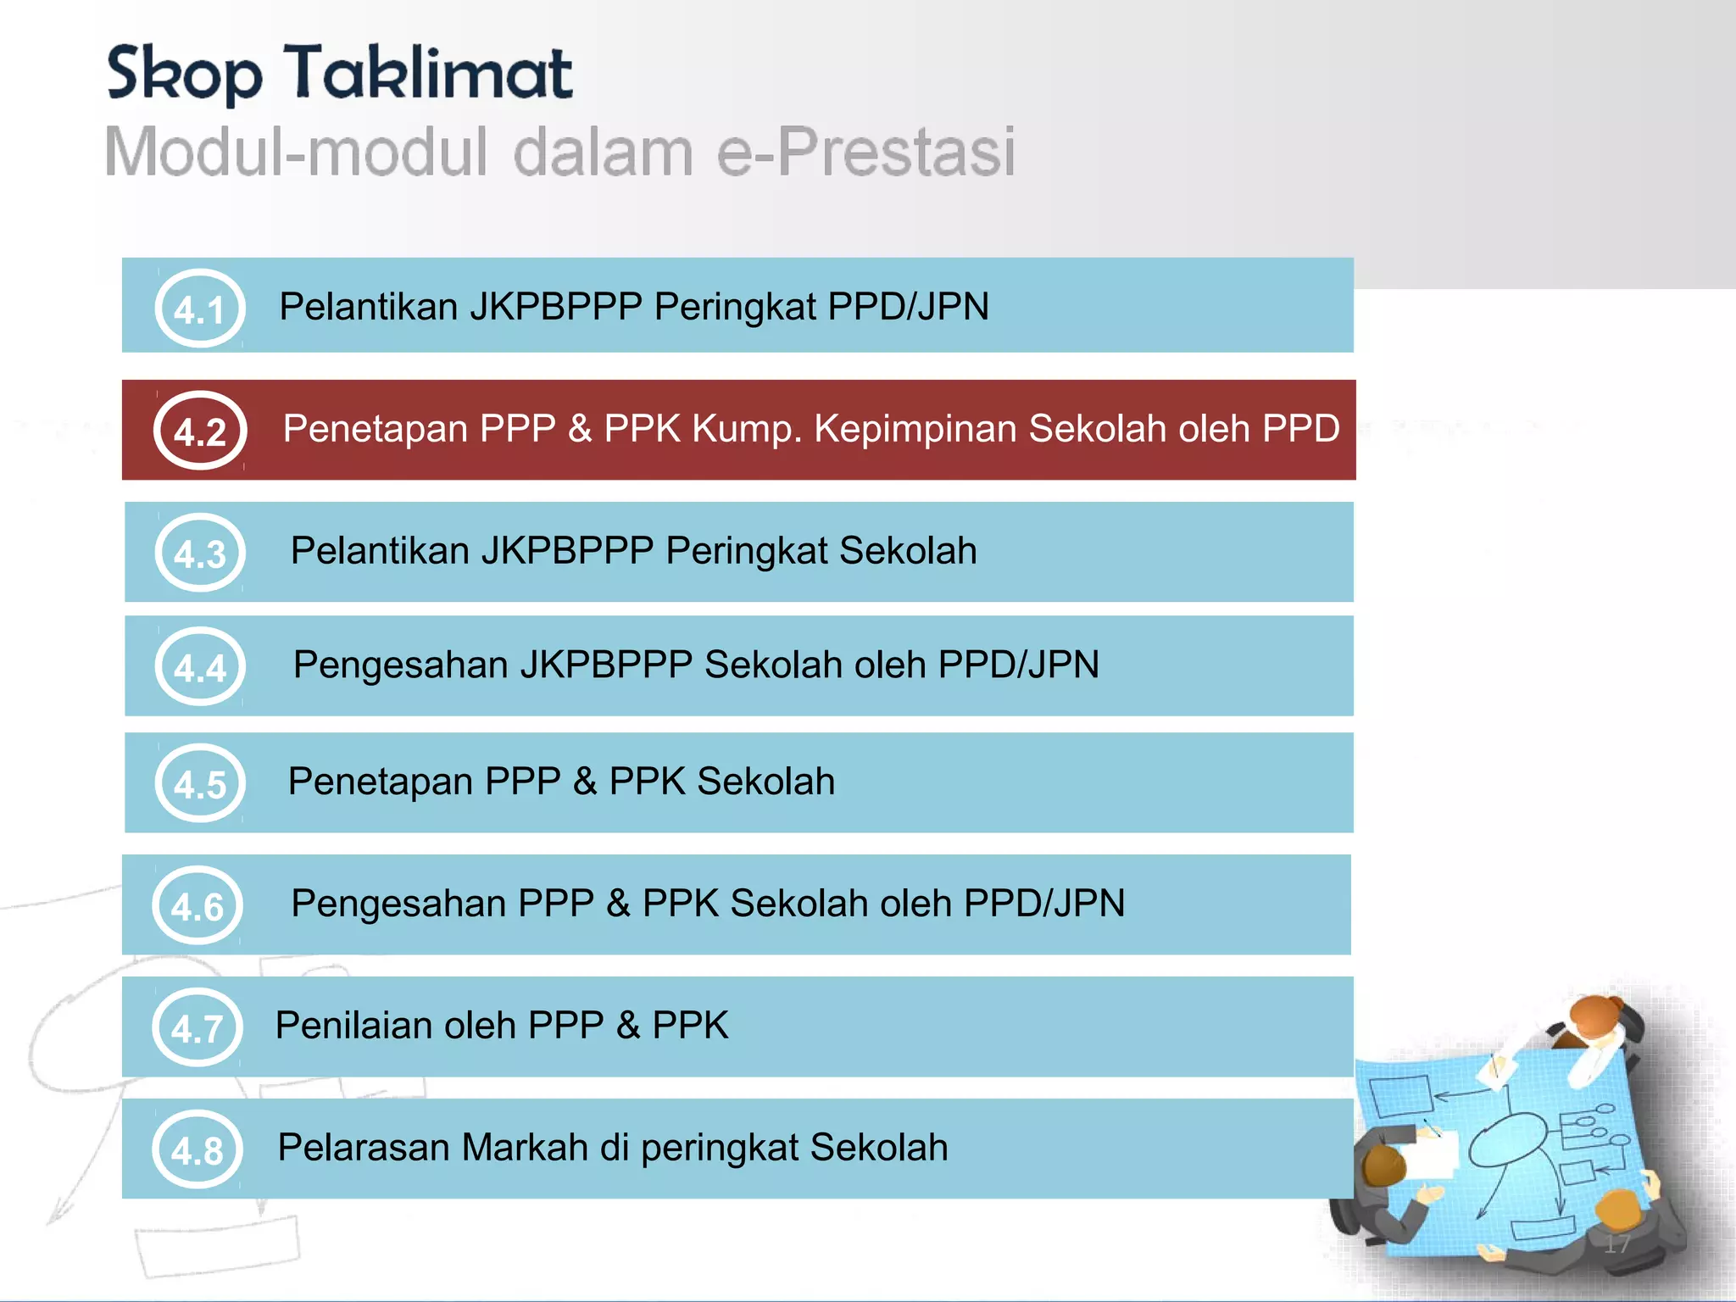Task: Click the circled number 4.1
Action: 200,309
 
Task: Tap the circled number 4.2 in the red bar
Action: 200,431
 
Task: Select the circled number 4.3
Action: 200,553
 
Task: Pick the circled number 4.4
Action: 200,667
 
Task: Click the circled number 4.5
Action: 200,783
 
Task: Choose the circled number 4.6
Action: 198,905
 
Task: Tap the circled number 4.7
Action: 198,1027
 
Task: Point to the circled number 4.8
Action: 198,1149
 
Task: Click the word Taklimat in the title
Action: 428,74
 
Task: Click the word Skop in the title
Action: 184,75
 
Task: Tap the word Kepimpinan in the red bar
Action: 915,429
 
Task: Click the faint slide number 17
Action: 1616,1244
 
